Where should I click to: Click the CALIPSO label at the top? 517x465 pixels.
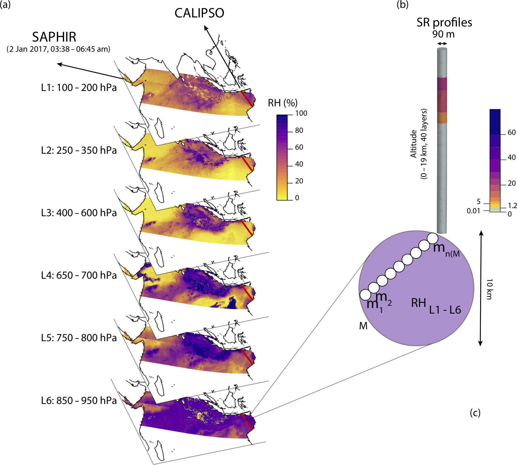199,13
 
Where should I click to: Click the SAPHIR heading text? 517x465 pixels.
54,37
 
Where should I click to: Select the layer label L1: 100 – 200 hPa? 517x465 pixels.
79,87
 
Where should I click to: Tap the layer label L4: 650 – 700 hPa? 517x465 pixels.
79,275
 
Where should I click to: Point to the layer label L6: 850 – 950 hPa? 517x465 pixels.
79,400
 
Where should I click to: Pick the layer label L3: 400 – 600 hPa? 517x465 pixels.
79,213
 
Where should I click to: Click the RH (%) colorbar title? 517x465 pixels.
283,103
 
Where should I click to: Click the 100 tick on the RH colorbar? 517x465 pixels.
301,113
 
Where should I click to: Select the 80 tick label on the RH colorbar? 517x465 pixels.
299,130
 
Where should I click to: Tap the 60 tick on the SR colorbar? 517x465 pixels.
511,133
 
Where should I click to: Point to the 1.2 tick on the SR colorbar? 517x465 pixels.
512,206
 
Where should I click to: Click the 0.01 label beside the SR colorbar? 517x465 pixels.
473,211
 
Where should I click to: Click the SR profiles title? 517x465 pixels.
444,22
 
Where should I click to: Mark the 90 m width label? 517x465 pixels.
443,34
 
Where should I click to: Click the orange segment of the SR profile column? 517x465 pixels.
442,117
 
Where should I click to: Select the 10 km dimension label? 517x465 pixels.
489,289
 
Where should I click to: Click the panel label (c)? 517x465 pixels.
475,413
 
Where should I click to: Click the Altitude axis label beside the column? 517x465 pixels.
414,144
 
